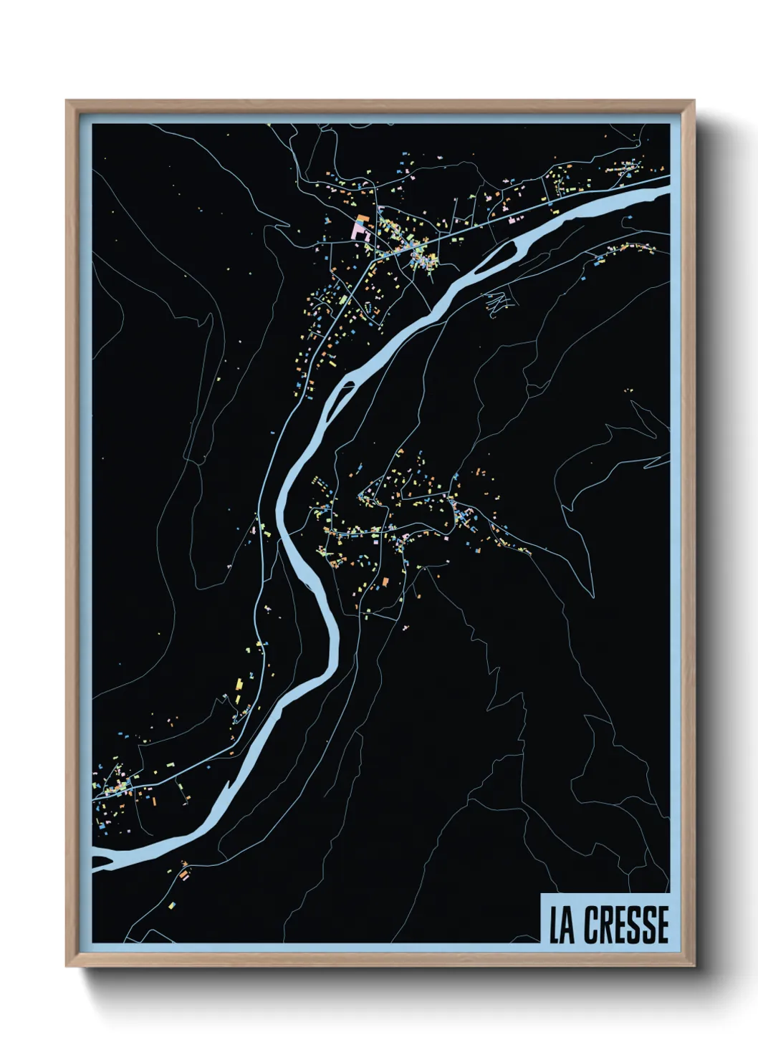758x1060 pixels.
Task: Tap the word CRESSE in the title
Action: (625, 925)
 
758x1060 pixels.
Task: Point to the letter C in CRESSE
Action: (591, 925)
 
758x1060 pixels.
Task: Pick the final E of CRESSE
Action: (661, 925)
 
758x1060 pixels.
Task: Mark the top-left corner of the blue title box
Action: (540, 895)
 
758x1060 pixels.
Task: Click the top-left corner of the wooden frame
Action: (66, 101)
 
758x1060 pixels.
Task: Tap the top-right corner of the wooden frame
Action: (694, 101)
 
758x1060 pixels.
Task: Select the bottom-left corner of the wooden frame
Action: (66, 966)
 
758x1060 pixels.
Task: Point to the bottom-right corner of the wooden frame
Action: (694, 966)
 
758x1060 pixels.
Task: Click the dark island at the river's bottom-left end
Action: (101, 861)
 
